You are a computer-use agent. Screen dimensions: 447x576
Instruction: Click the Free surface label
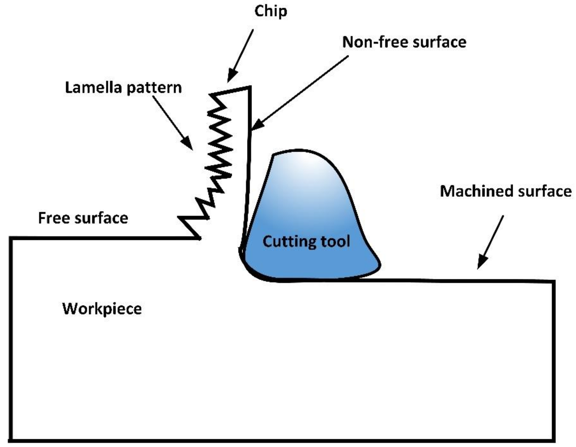pyautogui.click(x=83, y=218)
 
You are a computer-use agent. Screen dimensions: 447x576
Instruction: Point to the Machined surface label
pyautogui.click(x=506, y=191)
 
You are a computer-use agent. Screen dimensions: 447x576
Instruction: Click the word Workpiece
pyautogui.click(x=102, y=309)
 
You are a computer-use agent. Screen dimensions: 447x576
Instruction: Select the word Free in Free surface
pyautogui.click(x=54, y=218)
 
